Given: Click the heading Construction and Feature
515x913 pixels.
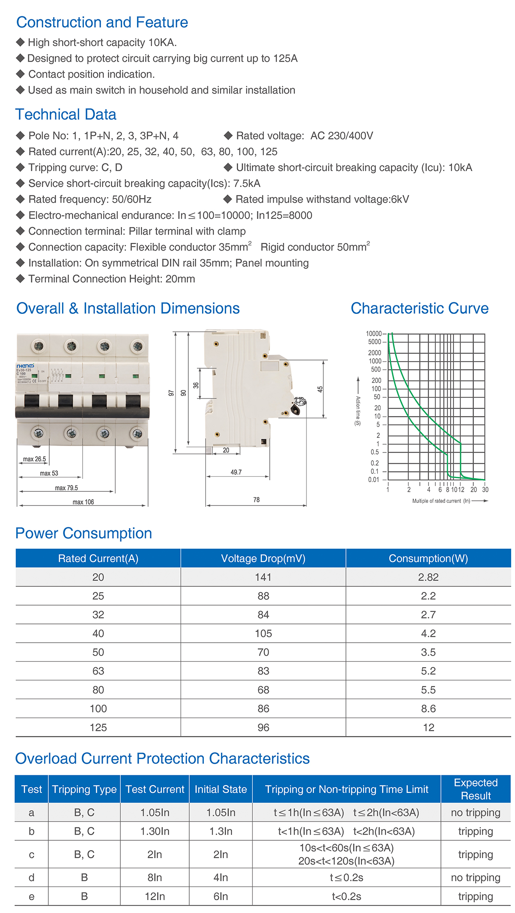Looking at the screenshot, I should [x=102, y=22].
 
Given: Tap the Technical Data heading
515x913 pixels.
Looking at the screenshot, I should [x=66, y=115].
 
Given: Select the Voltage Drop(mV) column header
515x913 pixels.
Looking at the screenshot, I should [x=263, y=558].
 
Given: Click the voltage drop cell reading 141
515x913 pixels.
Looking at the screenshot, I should [x=263, y=577].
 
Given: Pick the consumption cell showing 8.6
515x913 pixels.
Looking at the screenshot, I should [x=428, y=709].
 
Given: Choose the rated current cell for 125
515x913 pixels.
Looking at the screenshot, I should [x=98, y=727].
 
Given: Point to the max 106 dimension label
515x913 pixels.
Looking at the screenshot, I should [x=83, y=502].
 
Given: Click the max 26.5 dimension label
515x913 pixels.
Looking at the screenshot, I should [x=34, y=459].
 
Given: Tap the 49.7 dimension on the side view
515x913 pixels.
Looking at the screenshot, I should [x=236, y=472].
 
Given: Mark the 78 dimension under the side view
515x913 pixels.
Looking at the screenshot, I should [x=256, y=499].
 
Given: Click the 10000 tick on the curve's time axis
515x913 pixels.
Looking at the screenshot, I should [x=373, y=334].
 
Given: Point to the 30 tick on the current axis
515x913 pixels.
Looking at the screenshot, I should [x=485, y=490].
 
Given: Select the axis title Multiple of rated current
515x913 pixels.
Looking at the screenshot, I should [x=441, y=501].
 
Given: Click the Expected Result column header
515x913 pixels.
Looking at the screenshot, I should [x=476, y=789].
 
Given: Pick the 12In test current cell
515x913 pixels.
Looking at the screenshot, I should [x=155, y=896].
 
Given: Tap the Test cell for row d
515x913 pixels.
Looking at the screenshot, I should [x=31, y=878].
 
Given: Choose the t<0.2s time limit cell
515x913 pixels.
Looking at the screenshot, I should [x=346, y=896].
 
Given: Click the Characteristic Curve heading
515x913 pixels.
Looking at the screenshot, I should [x=420, y=308].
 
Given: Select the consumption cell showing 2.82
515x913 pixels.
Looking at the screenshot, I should [x=428, y=577].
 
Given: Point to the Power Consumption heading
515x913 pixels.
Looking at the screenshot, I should [x=83, y=533].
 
